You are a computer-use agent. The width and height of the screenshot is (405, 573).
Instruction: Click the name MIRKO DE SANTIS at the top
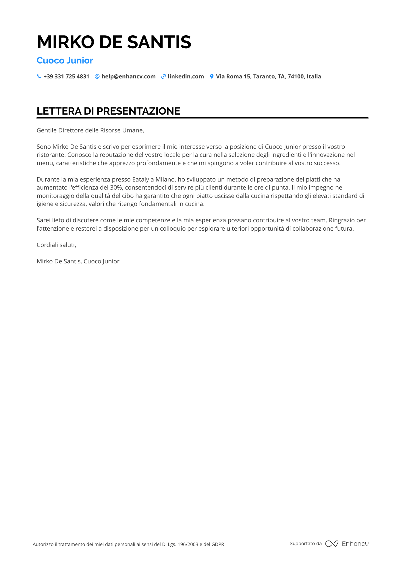click(114, 42)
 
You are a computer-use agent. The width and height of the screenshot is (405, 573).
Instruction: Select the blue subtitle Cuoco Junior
click(65, 61)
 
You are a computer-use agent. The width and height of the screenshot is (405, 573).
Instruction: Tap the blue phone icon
click(39, 76)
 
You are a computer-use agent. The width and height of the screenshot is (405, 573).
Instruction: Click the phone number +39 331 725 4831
click(66, 76)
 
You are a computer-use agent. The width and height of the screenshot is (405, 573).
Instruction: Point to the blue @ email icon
click(97, 76)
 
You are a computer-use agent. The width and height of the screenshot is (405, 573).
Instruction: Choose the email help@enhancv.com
click(128, 76)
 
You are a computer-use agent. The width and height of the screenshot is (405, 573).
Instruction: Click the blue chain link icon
click(163, 76)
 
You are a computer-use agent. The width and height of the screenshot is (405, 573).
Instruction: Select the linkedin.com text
click(186, 76)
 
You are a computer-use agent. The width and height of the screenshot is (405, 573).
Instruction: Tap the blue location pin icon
click(212, 76)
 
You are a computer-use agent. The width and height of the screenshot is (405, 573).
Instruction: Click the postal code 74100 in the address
click(296, 76)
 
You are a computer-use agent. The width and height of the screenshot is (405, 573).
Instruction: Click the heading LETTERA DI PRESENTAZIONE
click(109, 111)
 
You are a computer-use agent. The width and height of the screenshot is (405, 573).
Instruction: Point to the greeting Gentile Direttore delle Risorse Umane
click(90, 130)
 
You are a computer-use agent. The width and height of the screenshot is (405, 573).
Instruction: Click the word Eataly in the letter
click(140, 180)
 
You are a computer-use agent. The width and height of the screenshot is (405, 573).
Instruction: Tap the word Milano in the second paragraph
click(165, 180)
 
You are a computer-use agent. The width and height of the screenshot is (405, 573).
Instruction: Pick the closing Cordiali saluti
click(56, 245)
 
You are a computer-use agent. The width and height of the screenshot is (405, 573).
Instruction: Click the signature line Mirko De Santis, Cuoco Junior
click(78, 261)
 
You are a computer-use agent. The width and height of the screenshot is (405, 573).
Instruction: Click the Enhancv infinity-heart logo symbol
click(332, 544)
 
